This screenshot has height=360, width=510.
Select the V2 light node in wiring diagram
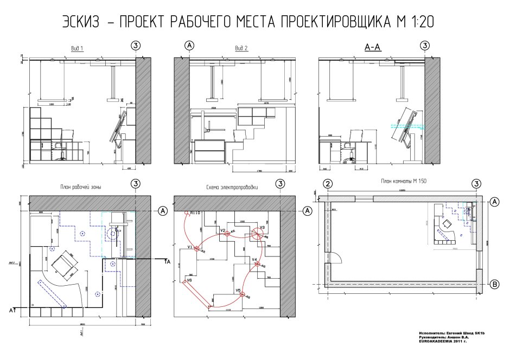coord(227,234)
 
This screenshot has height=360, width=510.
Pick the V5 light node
coord(243,295)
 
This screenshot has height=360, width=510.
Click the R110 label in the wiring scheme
coord(195,213)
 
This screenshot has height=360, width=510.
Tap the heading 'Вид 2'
coord(241,48)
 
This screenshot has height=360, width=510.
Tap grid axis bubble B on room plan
coord(494,284)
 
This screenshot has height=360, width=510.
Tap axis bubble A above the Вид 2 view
coord(189,45)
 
